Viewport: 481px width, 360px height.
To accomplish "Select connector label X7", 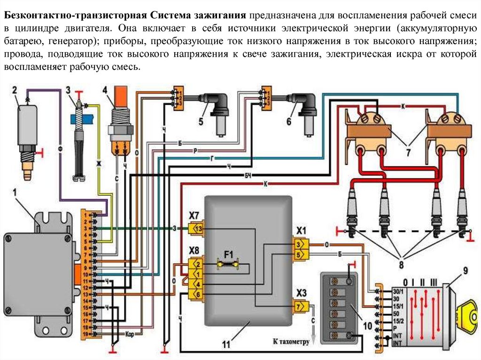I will [194, 215].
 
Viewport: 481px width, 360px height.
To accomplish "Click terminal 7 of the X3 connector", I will [300, 307].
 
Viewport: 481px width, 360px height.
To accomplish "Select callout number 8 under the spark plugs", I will [401, 265].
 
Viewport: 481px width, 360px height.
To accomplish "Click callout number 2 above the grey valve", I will [15, 90].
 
